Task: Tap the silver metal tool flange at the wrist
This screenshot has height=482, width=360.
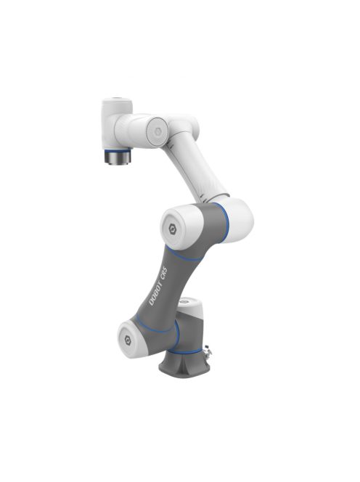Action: (x=115, y=158)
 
